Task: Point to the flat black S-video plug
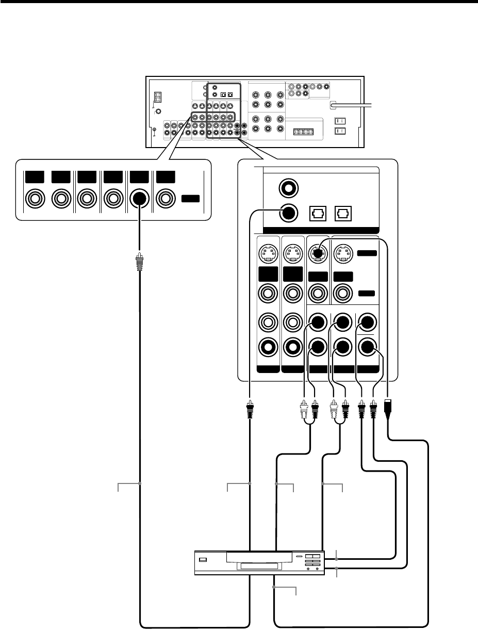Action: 389,407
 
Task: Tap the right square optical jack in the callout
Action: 343,213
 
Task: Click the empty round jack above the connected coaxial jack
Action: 288,187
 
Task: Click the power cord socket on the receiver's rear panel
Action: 334,105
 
